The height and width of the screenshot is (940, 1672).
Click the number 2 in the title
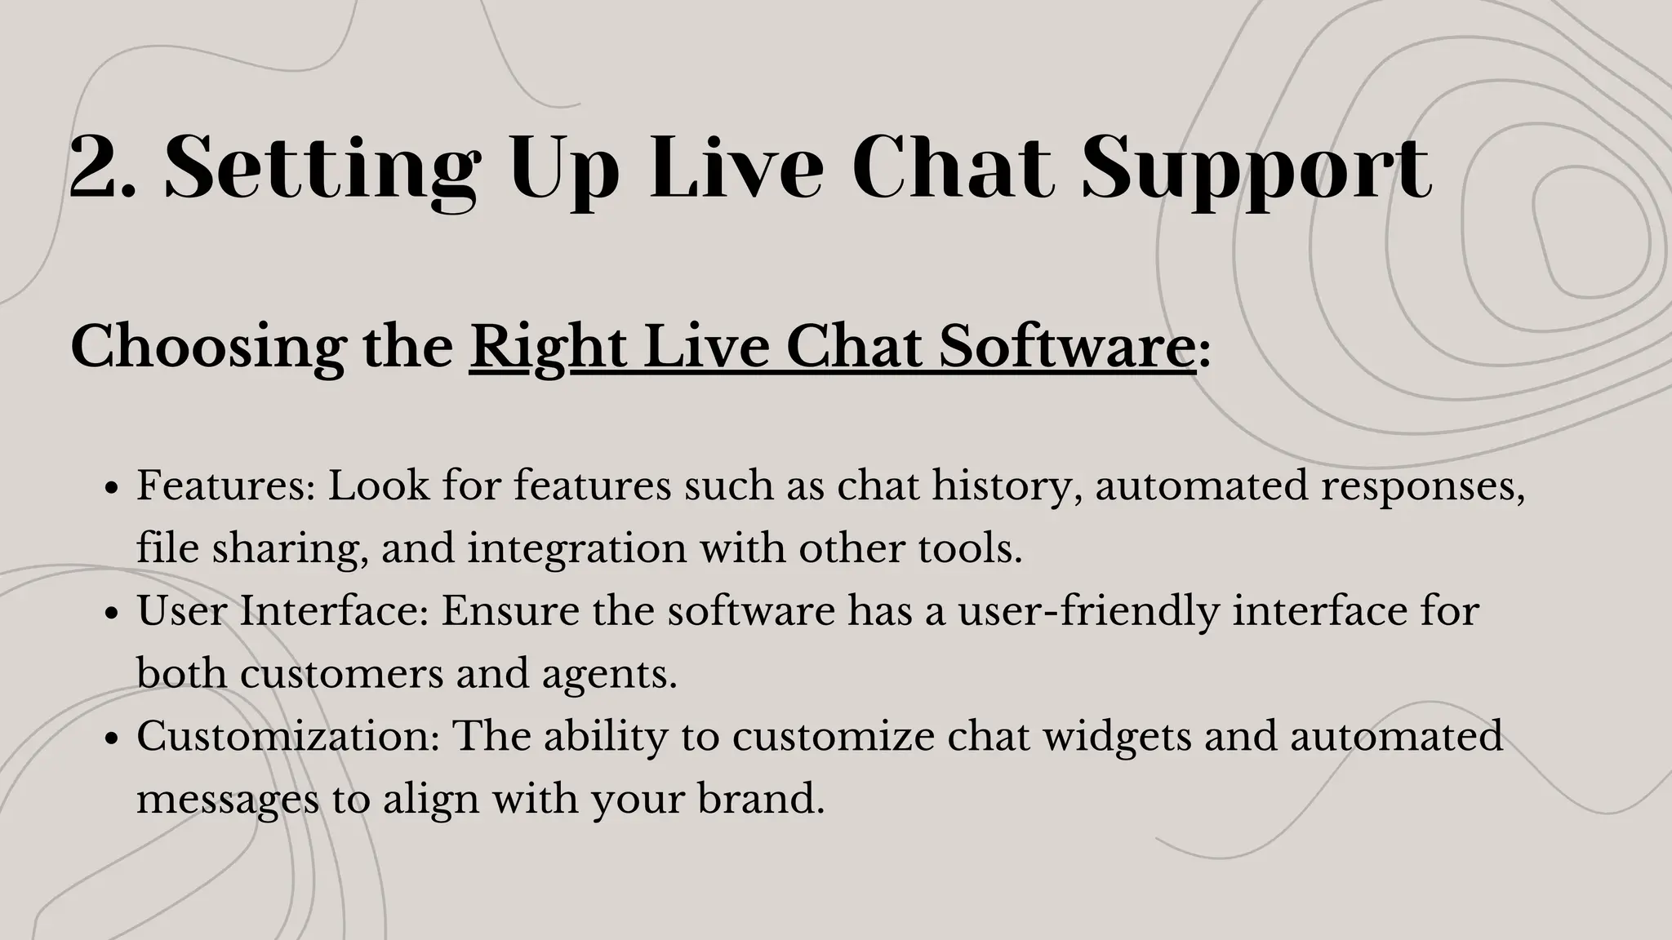[x=96, y=168]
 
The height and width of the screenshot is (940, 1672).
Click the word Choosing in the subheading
[x=208, y=348]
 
